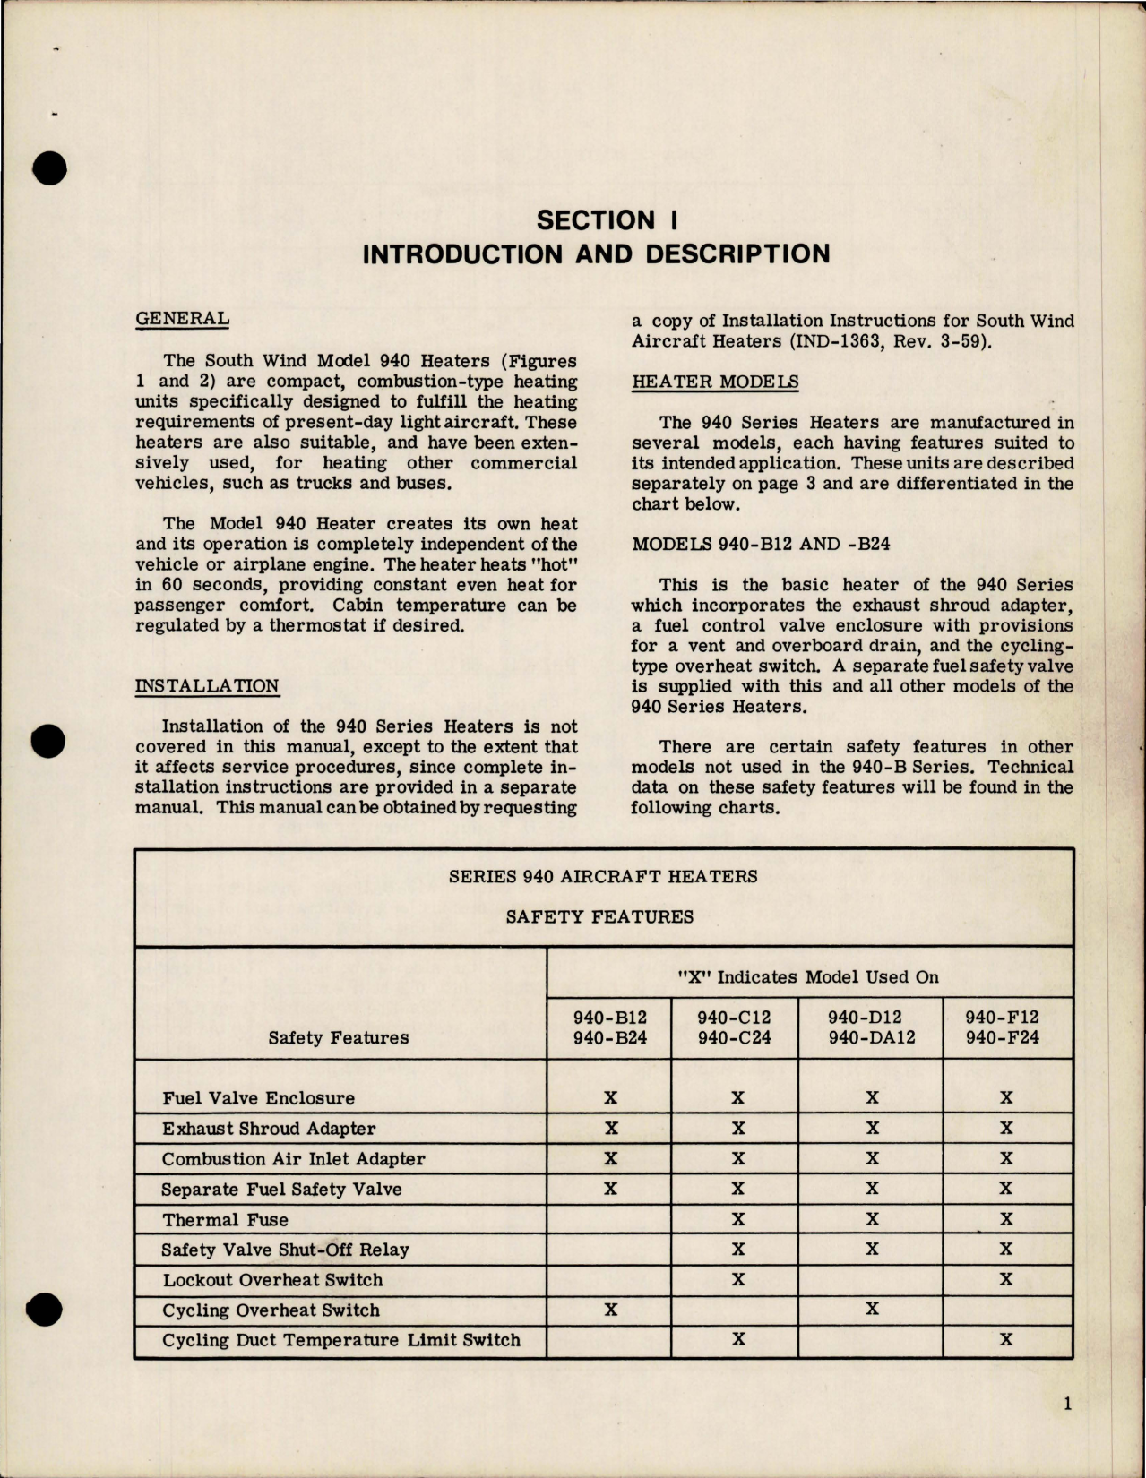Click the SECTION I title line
(x=596, y=220)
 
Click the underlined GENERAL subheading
(x=182, y=318)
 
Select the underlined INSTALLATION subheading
(x=207, y=686)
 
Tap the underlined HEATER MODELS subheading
(x=715, y=382)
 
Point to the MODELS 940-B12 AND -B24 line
(x=761, y=544)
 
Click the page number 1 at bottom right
(x=1067, y=1405)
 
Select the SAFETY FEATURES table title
(x=599, y=916)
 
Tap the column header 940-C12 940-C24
(x=734, y=1028)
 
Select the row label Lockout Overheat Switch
(x=272, y=1280)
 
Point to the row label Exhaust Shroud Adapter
(x=269, y=1129)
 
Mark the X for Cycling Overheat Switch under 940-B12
(x=610, y=1310)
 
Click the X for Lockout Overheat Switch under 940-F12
(x=1006, y=1279)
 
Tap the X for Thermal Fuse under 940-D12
(x=872, y=1219)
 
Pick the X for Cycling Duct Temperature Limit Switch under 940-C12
(x=738, y=1340)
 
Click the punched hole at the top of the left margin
(x=52, y=168)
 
